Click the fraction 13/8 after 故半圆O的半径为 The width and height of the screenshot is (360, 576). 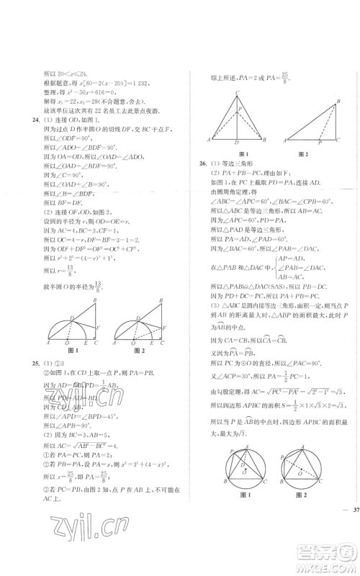99,286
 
